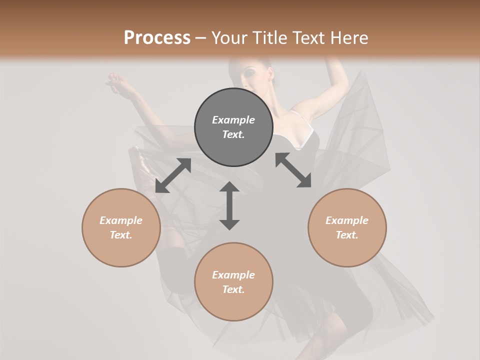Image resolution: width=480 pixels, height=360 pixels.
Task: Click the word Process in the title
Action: point(157,38)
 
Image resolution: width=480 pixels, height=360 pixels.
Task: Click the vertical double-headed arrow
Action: point(229,205)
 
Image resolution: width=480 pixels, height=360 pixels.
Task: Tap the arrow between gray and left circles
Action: point(173,175)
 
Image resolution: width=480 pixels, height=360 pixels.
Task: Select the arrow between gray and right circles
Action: point(293,170)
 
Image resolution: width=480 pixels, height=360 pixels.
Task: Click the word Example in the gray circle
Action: point(233,120)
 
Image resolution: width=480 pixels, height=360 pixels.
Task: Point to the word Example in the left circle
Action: point(121,220)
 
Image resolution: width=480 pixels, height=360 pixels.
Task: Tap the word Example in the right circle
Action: point(347,220)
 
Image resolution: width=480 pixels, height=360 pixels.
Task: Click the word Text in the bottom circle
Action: point(233,289)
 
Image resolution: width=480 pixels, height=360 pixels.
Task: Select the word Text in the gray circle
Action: point(233,134)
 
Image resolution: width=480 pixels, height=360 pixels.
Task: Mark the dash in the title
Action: point(200,38)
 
